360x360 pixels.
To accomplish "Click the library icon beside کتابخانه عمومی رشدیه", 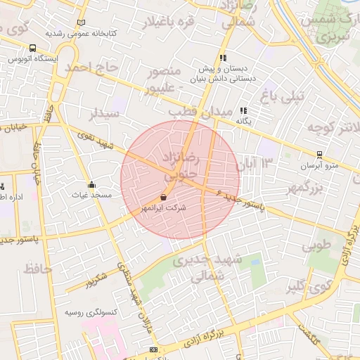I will [82, 22].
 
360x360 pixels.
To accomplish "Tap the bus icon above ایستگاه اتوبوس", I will [33, 49].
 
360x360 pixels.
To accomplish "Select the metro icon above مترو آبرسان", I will [320, 155].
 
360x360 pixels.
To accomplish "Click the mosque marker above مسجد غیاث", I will [91, 185].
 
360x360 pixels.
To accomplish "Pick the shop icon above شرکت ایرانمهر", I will [164, 198].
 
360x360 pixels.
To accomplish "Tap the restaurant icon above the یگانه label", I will [243, 110].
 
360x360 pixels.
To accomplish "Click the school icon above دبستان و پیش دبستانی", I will [223, 58].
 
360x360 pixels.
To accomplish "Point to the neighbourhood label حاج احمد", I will [89, 68].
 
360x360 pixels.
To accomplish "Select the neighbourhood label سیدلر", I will [105, 114].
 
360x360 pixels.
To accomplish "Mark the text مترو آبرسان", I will [321, 165].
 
